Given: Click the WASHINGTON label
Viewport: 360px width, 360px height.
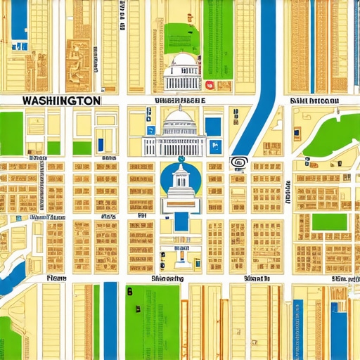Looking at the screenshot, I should [60, 101].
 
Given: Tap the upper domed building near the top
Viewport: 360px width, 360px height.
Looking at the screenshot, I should [182, 73].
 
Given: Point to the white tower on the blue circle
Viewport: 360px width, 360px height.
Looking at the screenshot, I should [181, 184].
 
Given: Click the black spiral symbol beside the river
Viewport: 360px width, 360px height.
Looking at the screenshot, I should [239, 162].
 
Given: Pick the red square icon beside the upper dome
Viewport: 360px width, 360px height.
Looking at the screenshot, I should [210, 86].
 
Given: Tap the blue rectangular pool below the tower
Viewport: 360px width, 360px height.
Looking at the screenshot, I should [181, 221].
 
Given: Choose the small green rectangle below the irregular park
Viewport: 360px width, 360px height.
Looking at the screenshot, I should [329, 222].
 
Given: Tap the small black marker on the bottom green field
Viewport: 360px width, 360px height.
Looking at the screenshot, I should [129, 291].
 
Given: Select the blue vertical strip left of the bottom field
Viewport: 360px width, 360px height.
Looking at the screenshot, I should [110, 320].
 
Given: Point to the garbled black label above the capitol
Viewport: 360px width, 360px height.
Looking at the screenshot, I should [175, 101].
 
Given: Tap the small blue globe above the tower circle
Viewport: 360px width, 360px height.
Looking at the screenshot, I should [181, 159].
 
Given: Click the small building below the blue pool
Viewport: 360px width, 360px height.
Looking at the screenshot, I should [181, 254].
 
